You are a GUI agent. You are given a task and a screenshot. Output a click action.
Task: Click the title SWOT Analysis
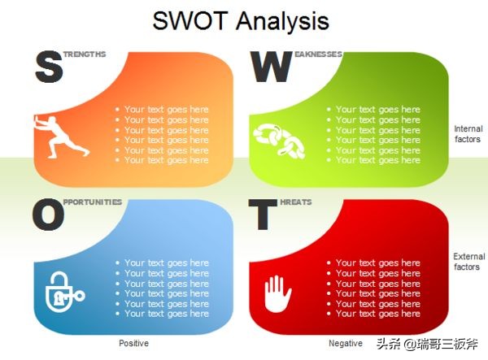click(241, 21)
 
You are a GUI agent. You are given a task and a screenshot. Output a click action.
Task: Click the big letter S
click(49, 67)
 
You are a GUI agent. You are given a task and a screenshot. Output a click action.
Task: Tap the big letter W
click(271, 67)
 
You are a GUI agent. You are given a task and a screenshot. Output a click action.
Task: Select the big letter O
click(48, 215)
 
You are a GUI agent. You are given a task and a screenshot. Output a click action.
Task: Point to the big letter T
click(262, 215)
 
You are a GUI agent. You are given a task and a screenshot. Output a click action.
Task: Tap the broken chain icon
click(279, 140)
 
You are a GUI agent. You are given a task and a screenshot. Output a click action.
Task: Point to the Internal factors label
click(468, 134)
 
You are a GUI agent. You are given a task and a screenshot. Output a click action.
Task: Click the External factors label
click(468, 262)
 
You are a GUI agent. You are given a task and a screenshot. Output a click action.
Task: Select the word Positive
click(133, 344)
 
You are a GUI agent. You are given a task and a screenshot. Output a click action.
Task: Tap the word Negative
click(345, 344)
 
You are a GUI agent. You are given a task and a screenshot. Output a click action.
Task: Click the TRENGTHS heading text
click(85, 54)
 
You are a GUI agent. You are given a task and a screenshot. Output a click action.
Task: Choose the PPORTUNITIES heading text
click(93, 202)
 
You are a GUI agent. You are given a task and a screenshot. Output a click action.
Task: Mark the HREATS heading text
click(297, 202)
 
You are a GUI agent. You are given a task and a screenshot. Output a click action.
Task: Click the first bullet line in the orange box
click(166, 110)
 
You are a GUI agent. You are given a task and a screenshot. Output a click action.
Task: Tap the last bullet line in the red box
click(377, 314)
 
